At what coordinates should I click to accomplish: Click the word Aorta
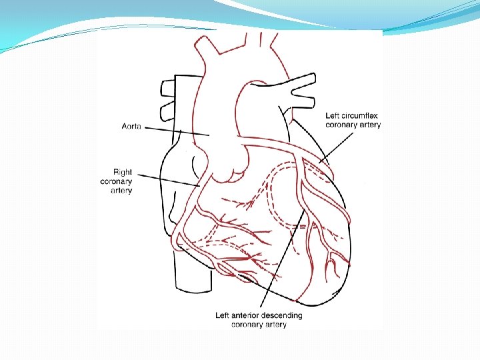click(x=131, y=126)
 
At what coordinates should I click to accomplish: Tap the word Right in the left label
click(x=122, y=172)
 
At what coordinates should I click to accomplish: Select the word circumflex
click(x=361, y=116)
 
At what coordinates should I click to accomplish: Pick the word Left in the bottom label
click(x=223, y=315)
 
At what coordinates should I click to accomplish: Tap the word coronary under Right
click(x=117, y=181)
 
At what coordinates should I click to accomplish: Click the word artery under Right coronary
click(x=121, y=191)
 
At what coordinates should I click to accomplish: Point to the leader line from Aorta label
click(x=177, y=131)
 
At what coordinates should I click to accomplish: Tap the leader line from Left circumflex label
click(x=337, y=145)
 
